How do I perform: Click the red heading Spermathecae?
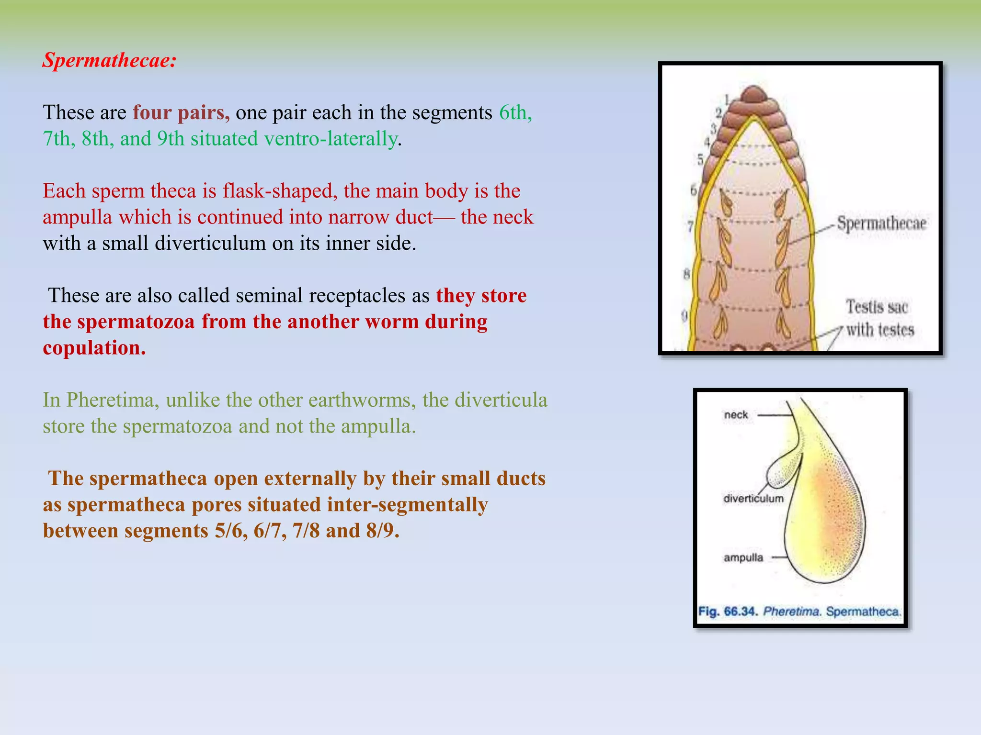[110, 60]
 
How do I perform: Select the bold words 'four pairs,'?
[181, 112]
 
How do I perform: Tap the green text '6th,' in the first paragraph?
[515, 112]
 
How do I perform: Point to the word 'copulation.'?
[94, 348]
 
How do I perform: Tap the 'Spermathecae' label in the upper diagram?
[881, 223]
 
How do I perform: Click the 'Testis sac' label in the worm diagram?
[877, 307]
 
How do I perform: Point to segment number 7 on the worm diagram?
[690, 226]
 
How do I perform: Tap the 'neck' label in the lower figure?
[736, 415]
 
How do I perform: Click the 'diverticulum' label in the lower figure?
[753, 499]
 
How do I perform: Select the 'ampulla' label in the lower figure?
[743, 557]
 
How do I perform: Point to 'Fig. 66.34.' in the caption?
[728, 612]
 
